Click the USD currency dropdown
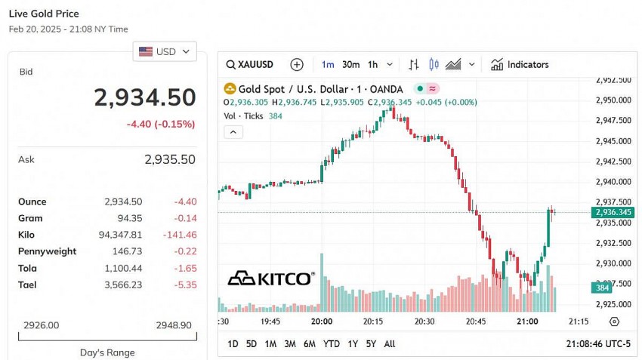click(x=165, y=51)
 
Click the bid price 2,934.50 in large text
click(x=144, y=97)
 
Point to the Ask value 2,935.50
click(x=169, y=159)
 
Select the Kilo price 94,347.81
click(x=120, y=235)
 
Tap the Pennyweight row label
click(x=47, y=251)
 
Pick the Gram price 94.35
click(x=128, y=218)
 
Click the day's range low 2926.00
click(x=42, y=325)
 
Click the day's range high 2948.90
click(x=173, y=325)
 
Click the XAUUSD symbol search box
click(x=251, y=65)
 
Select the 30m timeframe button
click(x=350, y=65)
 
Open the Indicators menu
click(x=520, y=65)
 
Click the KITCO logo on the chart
click(x=271, y=278)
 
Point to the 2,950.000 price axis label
click(x=613, y=100)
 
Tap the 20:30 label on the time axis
click(x=424, y=322)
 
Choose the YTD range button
click(x=331, y=344)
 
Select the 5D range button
click(x=252, y=344)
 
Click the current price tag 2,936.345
click(x=613, y=213)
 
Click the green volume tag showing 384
click(x=601, y=288)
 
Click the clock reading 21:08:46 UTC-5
click(x=597, y=344)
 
